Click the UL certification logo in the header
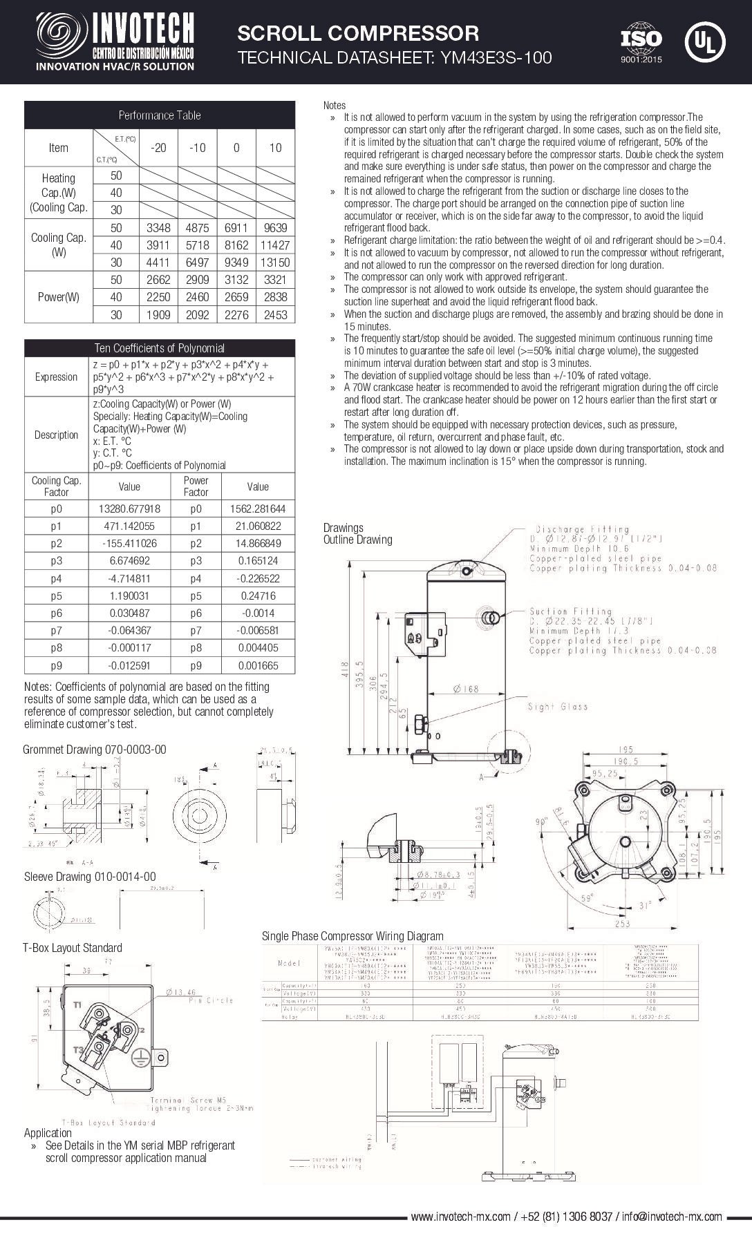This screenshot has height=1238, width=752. pyautogui.click(x=704, y=41)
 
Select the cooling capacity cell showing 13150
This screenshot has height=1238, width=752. pyautogui.click(x=275, y=263)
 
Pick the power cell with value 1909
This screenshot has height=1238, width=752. pyautogui.click(x=158, y=315)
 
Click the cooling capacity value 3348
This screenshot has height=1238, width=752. pyautogui.click(x=158, y=228)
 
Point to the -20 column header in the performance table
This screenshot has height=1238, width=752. pyautogui.click(x=158, y=147)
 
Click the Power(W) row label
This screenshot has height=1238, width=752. pyautogui.click(x=59, y=298)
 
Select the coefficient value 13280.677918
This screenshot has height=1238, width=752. pyautogui.click(x=129, y=508)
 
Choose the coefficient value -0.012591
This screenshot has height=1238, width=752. pyautogui.click(x=129, y=665)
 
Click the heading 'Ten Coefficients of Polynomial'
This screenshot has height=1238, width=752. pyautogui.click(x=159, y=348)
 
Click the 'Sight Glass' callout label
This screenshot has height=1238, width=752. pyautogui.click(x=557, y=706)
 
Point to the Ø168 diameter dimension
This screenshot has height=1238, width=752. pyautogui.click(x=466, y=689)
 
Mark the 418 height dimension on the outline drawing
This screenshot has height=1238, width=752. pyautogui.click(x=346, y=670)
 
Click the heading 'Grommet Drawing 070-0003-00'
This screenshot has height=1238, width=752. pyautogui.click(x=95, y=750)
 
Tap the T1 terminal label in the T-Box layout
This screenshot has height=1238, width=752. pyautogui.click(x=78, y=1003)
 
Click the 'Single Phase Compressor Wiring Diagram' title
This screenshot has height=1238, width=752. pyautogui.click(x=352, y=936)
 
